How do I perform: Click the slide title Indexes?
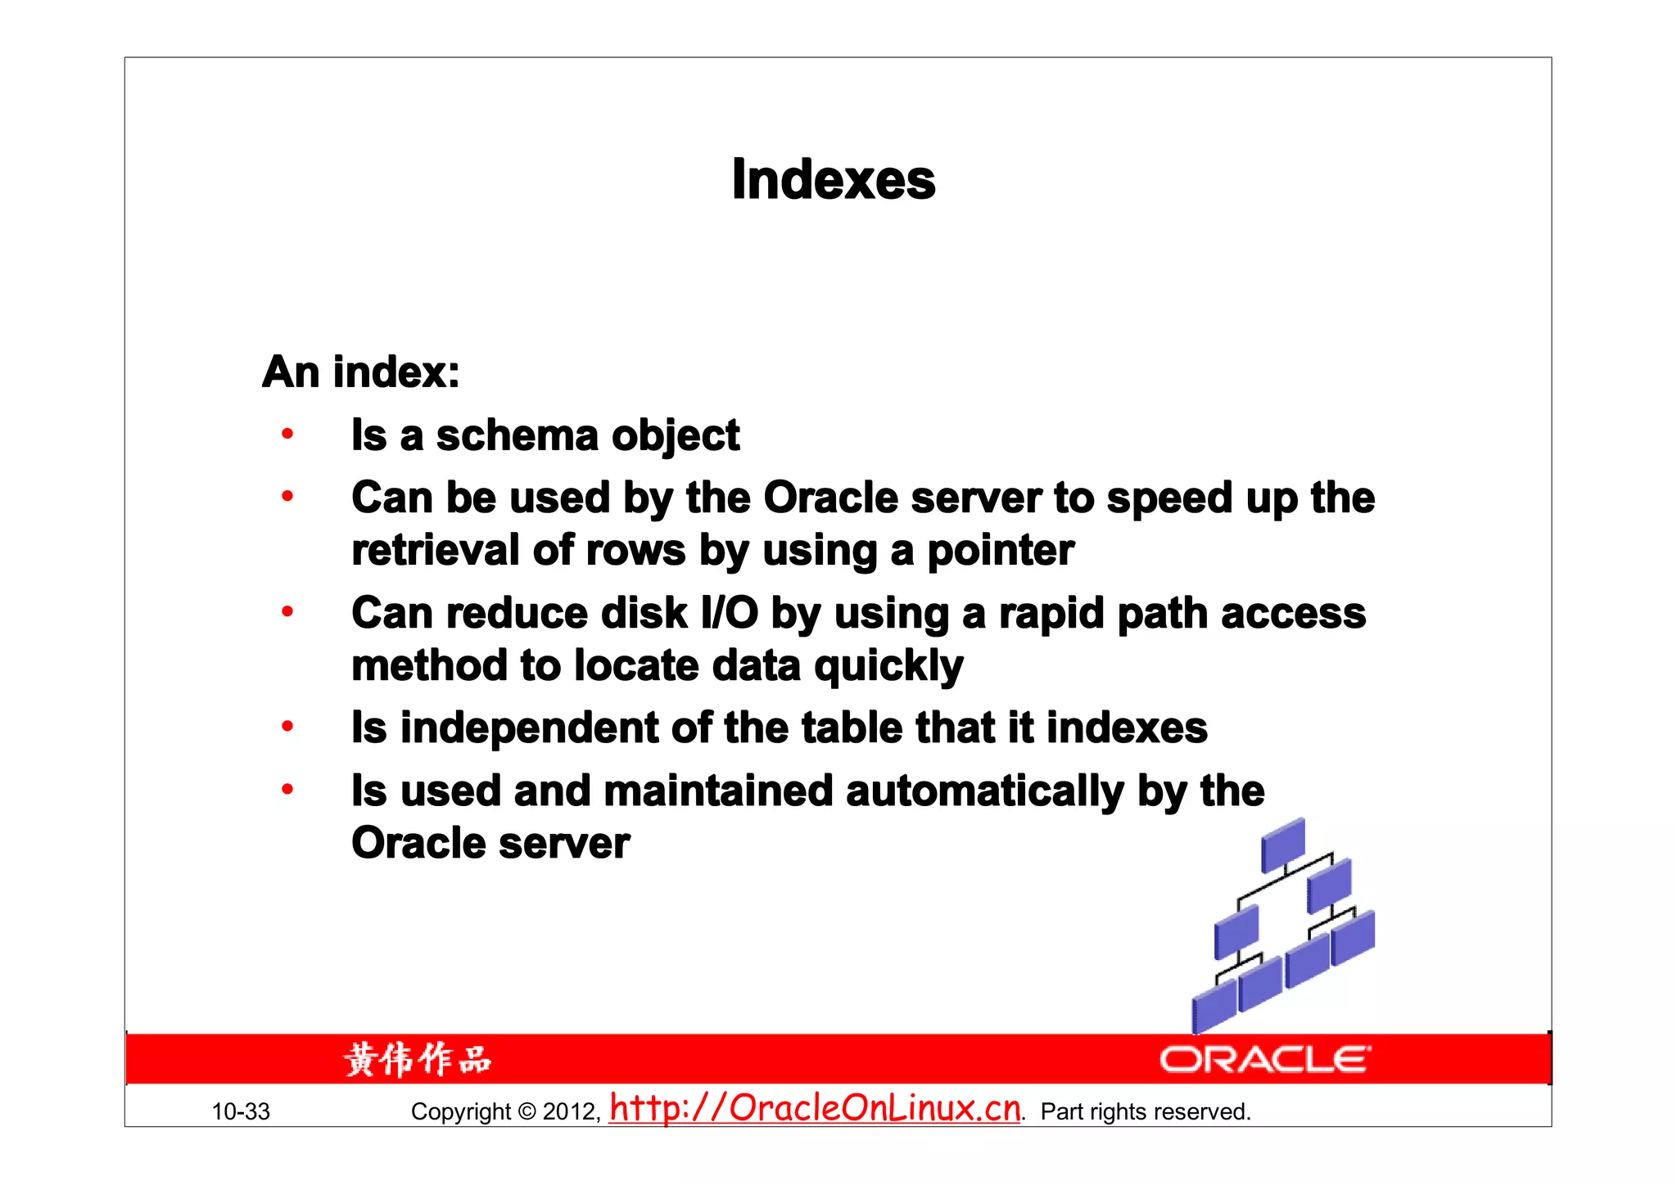pos(833,179)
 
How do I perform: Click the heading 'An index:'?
pos(361,372)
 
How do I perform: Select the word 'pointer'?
pos(1000,551)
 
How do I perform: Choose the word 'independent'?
pos(529,728)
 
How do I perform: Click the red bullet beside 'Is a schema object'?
pos(287,434)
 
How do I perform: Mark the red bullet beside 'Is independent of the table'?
pos(287,726)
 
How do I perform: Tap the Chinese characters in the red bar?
pos(418,1060)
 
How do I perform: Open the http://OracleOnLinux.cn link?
pos(816,1108)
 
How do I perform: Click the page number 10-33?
pos(241,1112)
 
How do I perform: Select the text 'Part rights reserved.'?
pos(1146,1112)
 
